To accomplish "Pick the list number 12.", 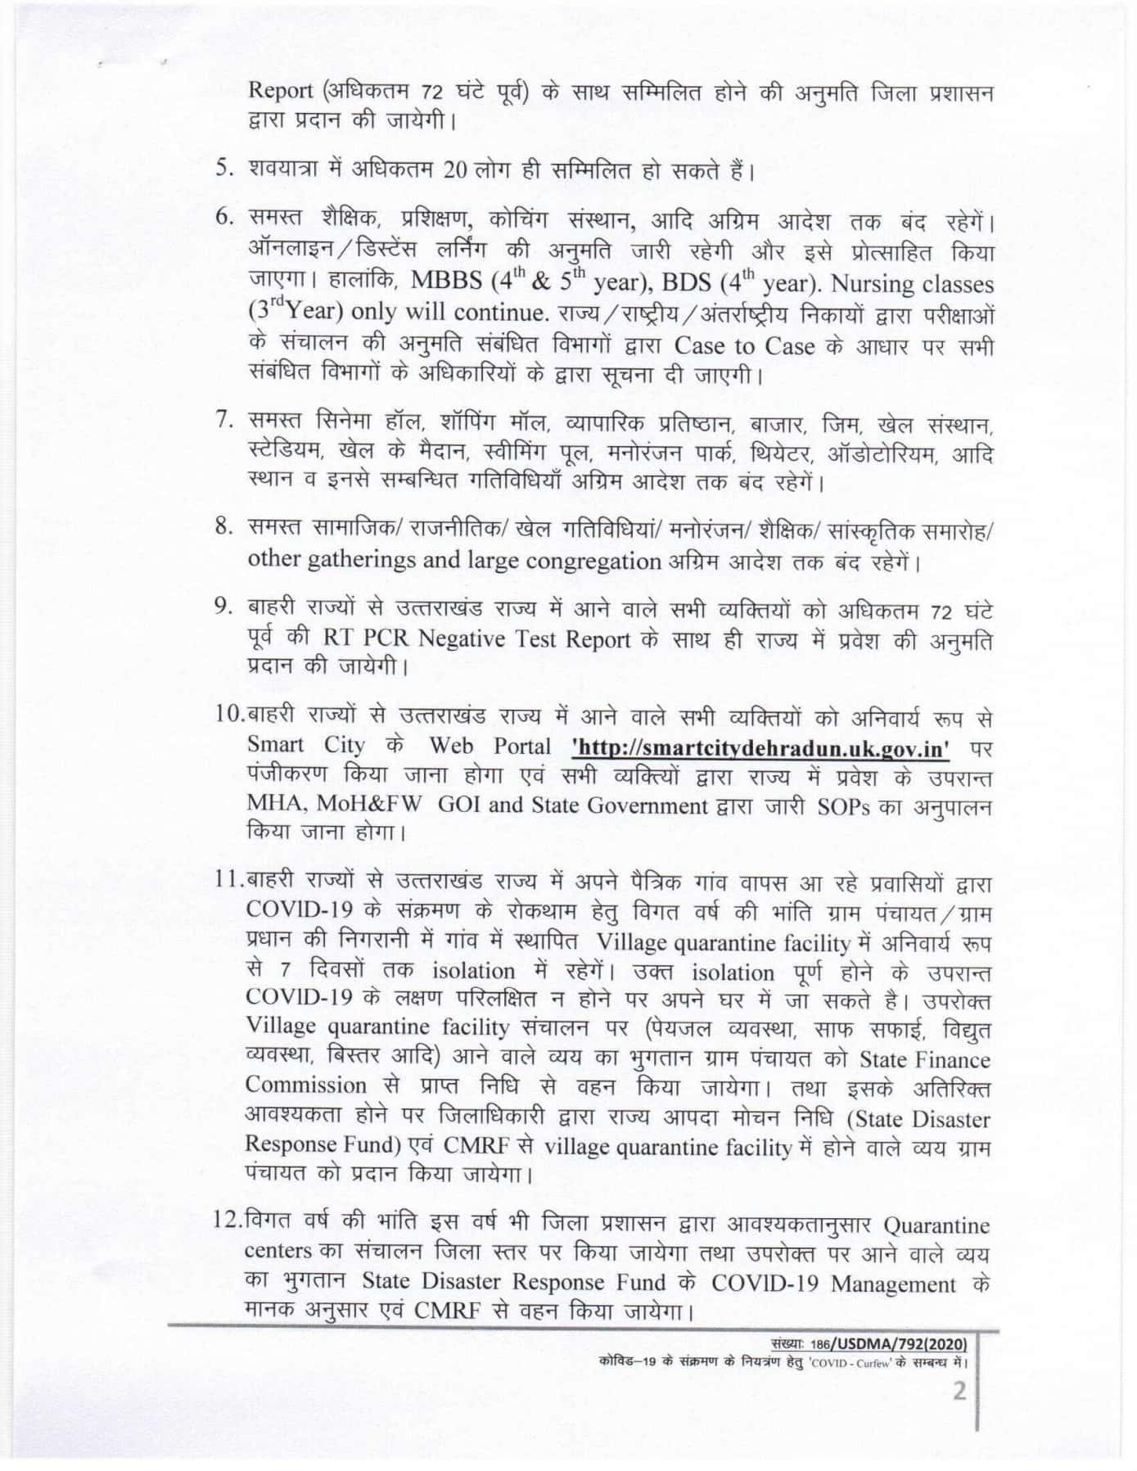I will coord(226,1225).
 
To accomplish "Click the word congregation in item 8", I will coord(590,562).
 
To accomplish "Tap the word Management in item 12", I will coord(893,1284).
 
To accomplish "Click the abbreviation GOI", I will coord(460,805).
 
